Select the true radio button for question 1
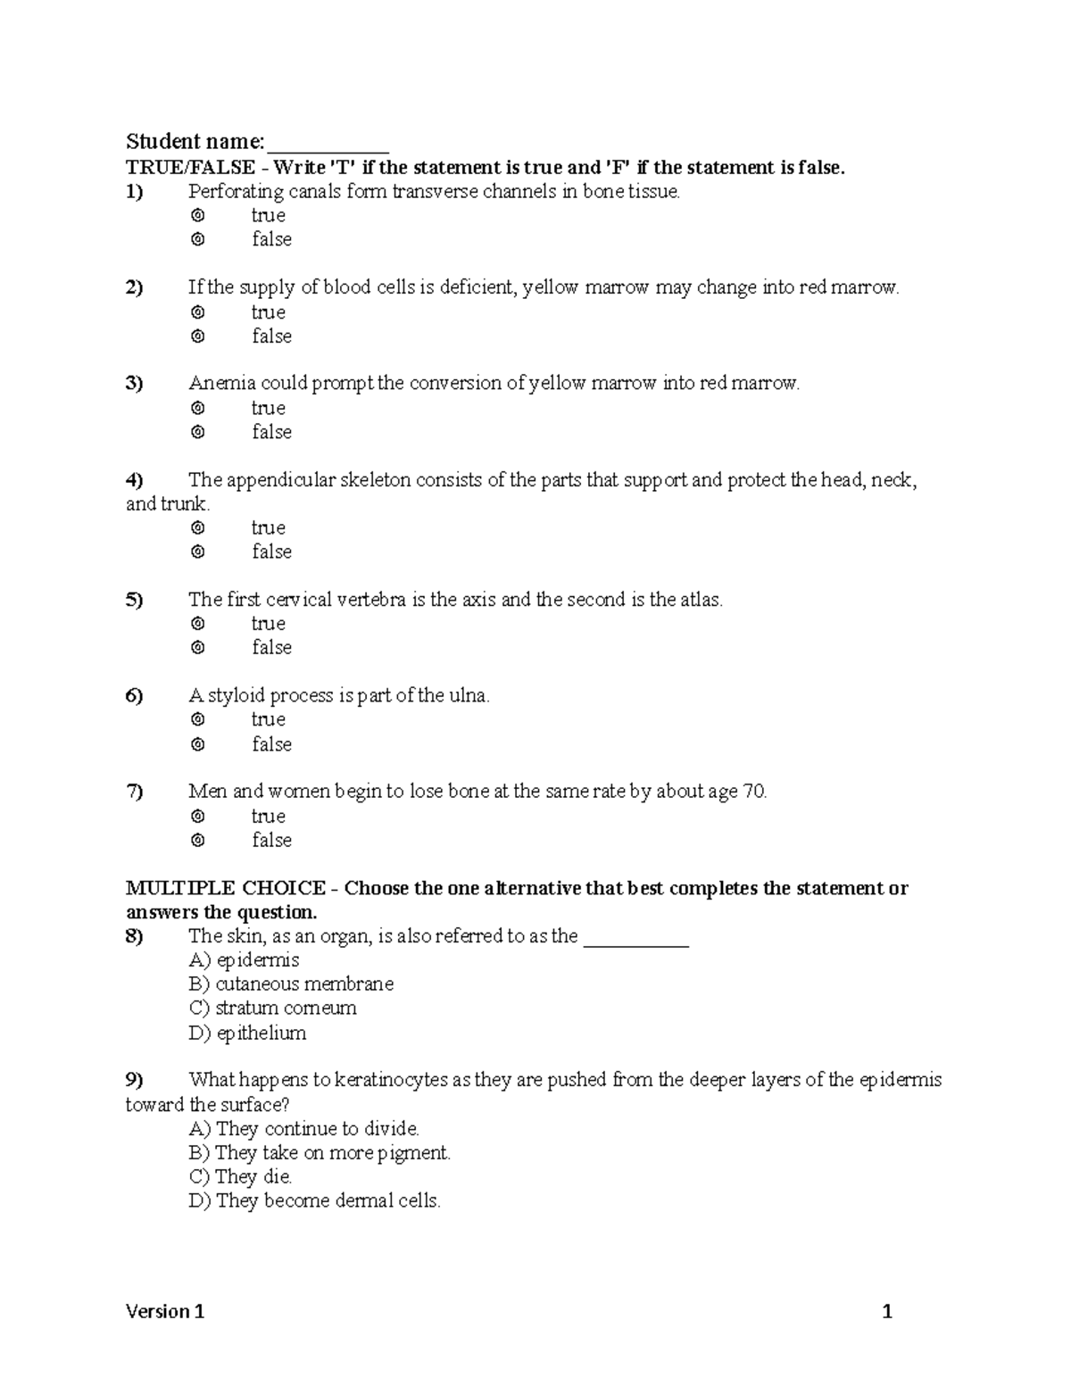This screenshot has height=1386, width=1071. (198, 216)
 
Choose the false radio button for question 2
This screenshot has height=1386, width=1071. (198, 336)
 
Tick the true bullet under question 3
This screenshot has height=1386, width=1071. (198, 408)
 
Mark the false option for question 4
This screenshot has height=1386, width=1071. (198, 552)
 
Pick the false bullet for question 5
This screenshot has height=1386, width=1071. (198, 648)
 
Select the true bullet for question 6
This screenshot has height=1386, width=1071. (198, 719)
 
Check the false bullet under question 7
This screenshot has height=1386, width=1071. (198, 840)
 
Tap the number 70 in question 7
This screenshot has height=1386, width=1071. (753, 792)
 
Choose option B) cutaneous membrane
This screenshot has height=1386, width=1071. (291, 984)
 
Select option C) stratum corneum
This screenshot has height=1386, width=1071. (272, 1008)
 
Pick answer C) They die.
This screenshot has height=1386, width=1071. (240, 1177)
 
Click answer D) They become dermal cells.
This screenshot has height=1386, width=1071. (314, 1201)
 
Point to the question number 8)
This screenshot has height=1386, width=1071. (134, 936)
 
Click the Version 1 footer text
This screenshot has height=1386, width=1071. (165, 1311)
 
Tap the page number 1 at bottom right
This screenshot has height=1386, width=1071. (887, 1311)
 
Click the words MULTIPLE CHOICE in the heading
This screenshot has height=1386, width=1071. (225, 889)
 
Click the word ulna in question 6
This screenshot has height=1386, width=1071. (467, 696)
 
